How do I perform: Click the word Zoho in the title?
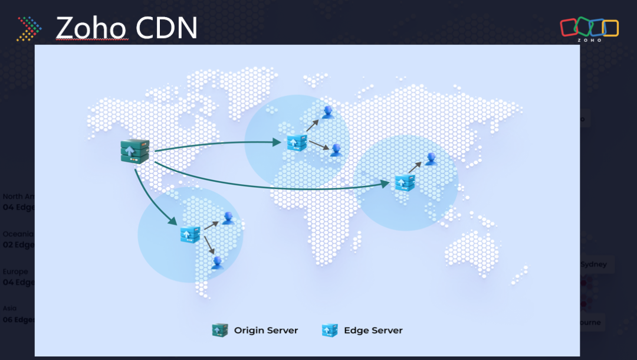coord(91,28)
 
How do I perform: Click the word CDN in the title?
coord(166,28)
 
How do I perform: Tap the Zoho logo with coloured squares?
coord(589,30)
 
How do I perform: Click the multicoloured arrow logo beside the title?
coord(29,28)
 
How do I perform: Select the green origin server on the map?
coord(131,152)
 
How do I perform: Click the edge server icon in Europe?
coord(296,142)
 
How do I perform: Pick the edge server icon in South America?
coord(191,234)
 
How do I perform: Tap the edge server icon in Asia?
coord(405,182)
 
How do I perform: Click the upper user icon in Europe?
coord(327,112)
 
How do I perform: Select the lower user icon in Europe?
coord(335,150)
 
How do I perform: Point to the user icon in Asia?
coord(432,158)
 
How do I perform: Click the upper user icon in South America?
coord(228,218)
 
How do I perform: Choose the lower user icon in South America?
coord(218,263)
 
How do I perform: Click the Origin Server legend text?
coord(265,330)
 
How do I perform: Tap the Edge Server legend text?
coord(373,330)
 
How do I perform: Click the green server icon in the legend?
coord(219,330)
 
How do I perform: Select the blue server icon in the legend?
coord(330,330)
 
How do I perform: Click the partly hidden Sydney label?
coord(593,264)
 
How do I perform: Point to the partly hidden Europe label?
coord(15,271)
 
